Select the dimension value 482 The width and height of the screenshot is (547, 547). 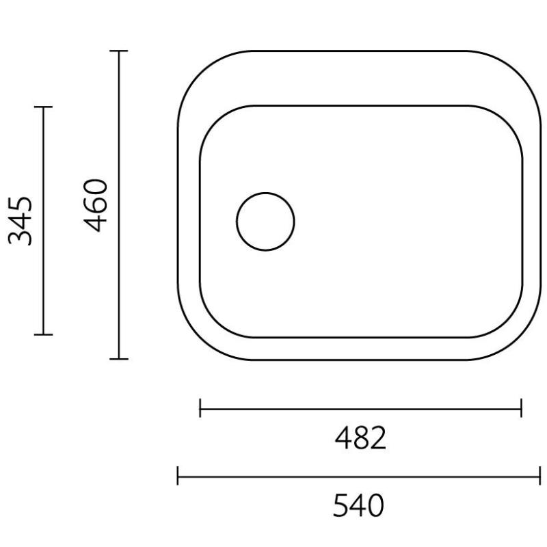[x=360, y=438]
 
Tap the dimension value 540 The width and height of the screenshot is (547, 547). [x=358, y=506]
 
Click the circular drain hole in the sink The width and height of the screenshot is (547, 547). [x=265, y=222]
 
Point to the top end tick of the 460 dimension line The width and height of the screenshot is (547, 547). [x=119, y=51]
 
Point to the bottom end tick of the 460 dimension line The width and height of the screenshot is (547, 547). [x=119, y=358]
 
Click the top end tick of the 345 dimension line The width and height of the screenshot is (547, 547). [x=43, y=107]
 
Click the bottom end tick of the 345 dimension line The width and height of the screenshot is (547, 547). [x=43, y=334]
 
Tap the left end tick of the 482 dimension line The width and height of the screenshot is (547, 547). [x=200, y=409]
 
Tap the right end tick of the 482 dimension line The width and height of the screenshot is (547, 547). [x=521, y=409]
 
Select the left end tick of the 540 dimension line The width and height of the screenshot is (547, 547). [x=178, y=475]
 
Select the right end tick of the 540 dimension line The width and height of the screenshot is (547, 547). [x=540, y=475]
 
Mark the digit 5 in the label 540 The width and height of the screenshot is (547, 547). [x=341, y=506]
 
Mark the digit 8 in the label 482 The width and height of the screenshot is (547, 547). [x=360, y=438]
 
